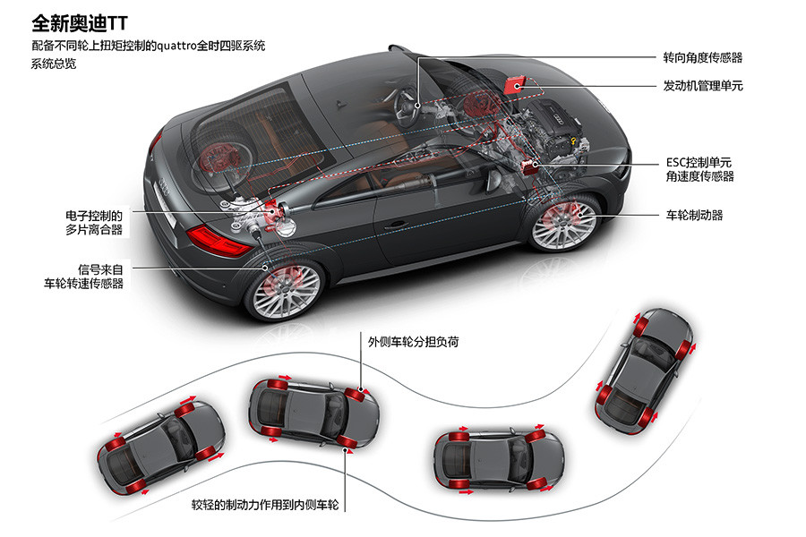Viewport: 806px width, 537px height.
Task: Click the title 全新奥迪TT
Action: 80,21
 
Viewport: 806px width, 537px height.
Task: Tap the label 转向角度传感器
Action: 702,57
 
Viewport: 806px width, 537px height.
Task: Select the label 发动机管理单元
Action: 702,86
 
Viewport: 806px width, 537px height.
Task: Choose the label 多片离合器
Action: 94,230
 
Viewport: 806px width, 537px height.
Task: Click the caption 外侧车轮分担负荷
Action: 414,341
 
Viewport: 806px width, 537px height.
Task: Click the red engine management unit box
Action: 513,85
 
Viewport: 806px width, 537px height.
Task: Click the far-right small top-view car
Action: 644,367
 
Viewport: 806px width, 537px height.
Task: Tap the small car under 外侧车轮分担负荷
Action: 313,413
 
